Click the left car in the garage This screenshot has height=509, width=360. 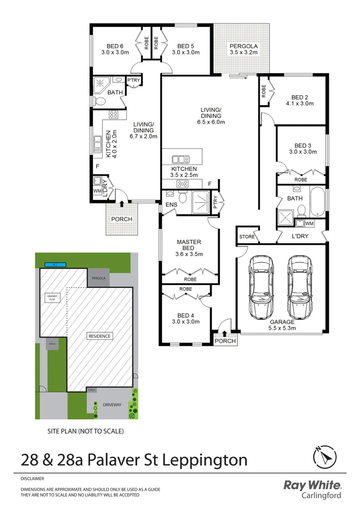(x=262, y=287)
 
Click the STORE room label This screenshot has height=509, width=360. (x=246, y=236)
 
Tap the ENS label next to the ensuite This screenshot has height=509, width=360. (x=170, y=205)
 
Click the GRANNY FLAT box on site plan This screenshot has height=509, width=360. (x=52, y=297)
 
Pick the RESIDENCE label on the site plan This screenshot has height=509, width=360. (x=99, y=336)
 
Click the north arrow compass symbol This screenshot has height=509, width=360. (x=325, y=457)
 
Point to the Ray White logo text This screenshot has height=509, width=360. (x=312, y=485)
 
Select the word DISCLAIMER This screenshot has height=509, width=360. (x=32, y=478)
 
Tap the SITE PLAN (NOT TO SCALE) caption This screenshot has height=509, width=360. (x=85, y=431)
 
